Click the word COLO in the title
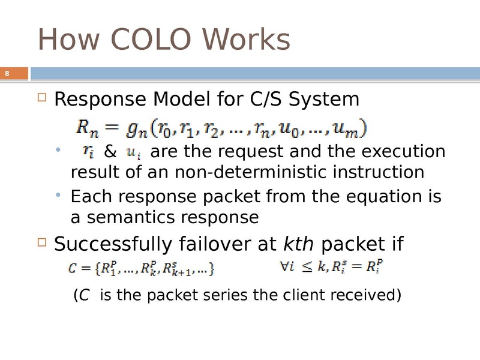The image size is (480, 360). tap(151, 39)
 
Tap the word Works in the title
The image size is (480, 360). tap(246, 39)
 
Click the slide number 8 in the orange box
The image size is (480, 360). tap(7, 73)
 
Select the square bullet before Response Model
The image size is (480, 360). tap(42, 97)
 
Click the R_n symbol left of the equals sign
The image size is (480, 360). tap(87, 128)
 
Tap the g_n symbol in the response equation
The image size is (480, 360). tap(137, 129)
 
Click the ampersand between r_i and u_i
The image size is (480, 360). tap(110, 151)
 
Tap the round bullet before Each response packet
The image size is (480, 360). tap(58, 195)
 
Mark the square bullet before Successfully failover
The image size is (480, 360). tap(42, 242)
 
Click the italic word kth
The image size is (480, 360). tap(298, 244)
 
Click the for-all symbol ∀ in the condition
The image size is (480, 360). tap(284, 266)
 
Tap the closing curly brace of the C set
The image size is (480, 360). tap(211, 269)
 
